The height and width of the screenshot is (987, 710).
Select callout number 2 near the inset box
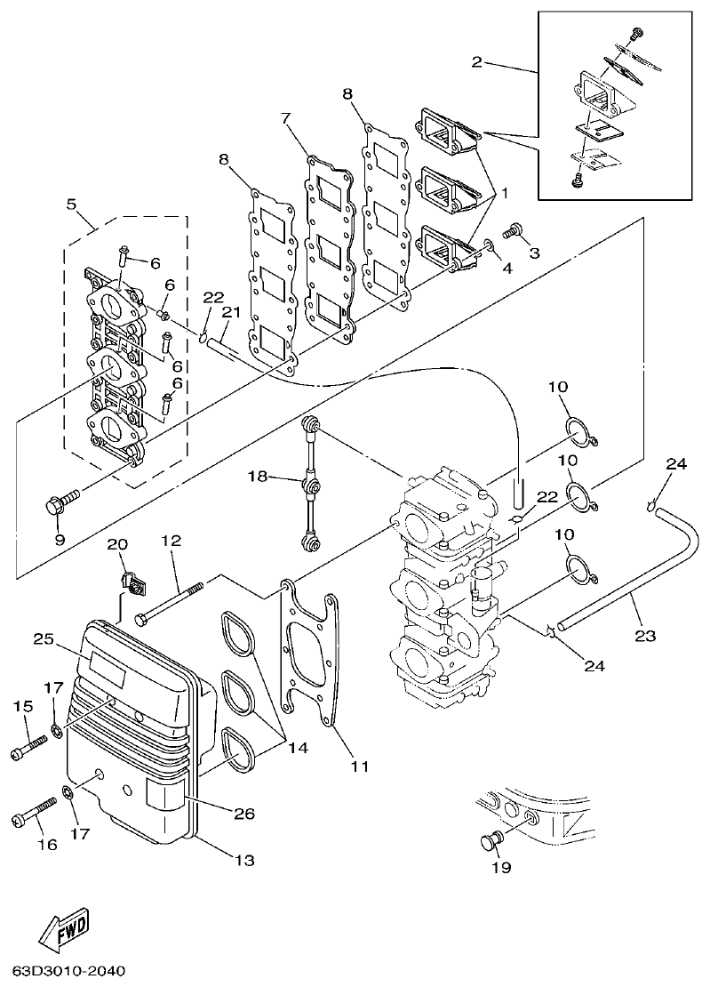point(477,61)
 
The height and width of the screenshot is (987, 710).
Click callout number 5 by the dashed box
point(71,204)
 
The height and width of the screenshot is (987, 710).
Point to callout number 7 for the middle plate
point(285,118)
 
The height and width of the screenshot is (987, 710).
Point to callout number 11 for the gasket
point(360,765)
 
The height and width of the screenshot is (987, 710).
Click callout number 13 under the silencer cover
point(243,860)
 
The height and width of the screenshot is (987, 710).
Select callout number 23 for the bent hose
point(645,636)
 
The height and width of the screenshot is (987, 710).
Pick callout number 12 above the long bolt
point(171,540)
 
